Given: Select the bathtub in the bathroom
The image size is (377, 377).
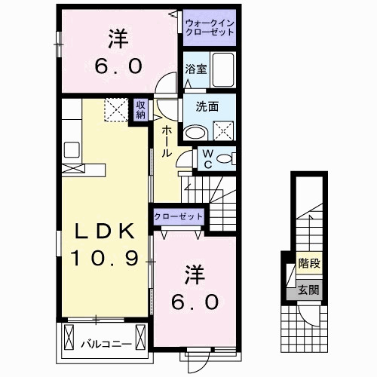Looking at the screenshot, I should (x=223, y=70).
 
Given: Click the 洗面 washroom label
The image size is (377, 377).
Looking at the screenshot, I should (x=209, y=107).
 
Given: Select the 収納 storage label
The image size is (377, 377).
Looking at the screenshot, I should (x=141, y=111).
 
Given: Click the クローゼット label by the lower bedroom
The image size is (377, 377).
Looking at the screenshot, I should (x=179, y=216).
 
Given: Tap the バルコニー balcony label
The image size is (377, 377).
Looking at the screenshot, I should (x=106, y=345).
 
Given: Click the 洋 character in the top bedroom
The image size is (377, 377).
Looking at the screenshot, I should (x=118, y=36).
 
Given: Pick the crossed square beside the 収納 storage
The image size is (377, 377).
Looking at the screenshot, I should (x=115, y=112).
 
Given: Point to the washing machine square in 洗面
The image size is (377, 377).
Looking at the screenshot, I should (x=224, y=131).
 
